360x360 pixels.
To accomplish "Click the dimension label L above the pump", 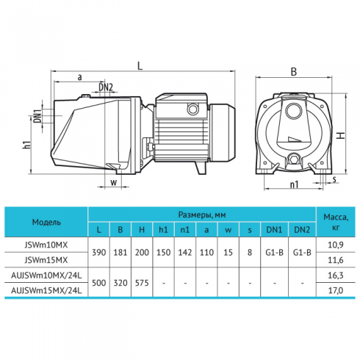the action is coord(140,65).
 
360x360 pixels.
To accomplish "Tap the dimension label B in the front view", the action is coord(293,72).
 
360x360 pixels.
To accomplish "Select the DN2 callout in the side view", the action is coord(106,87).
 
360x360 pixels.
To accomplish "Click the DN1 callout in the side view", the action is coord(37,116).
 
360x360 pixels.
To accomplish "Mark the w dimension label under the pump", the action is coord(114,182).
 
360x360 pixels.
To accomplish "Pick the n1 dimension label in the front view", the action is coord(294,184).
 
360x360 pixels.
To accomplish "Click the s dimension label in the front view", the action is coord(334,179).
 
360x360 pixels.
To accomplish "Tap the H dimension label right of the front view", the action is coord(340,136).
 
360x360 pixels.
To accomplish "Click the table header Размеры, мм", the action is coord(202,215).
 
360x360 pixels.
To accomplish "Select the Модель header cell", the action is coord(46,222).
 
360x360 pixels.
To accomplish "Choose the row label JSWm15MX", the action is coord(46,260).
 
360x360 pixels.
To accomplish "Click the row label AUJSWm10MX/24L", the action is coord(46,276).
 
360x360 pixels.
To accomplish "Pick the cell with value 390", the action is coord(99,252).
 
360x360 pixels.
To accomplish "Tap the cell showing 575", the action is coord(142,283).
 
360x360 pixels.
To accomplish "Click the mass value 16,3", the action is coord(336,276).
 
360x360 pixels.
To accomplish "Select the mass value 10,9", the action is coord(336,245).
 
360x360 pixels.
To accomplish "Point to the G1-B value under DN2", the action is coord(302,252).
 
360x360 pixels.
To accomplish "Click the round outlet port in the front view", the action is coord(293,111).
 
